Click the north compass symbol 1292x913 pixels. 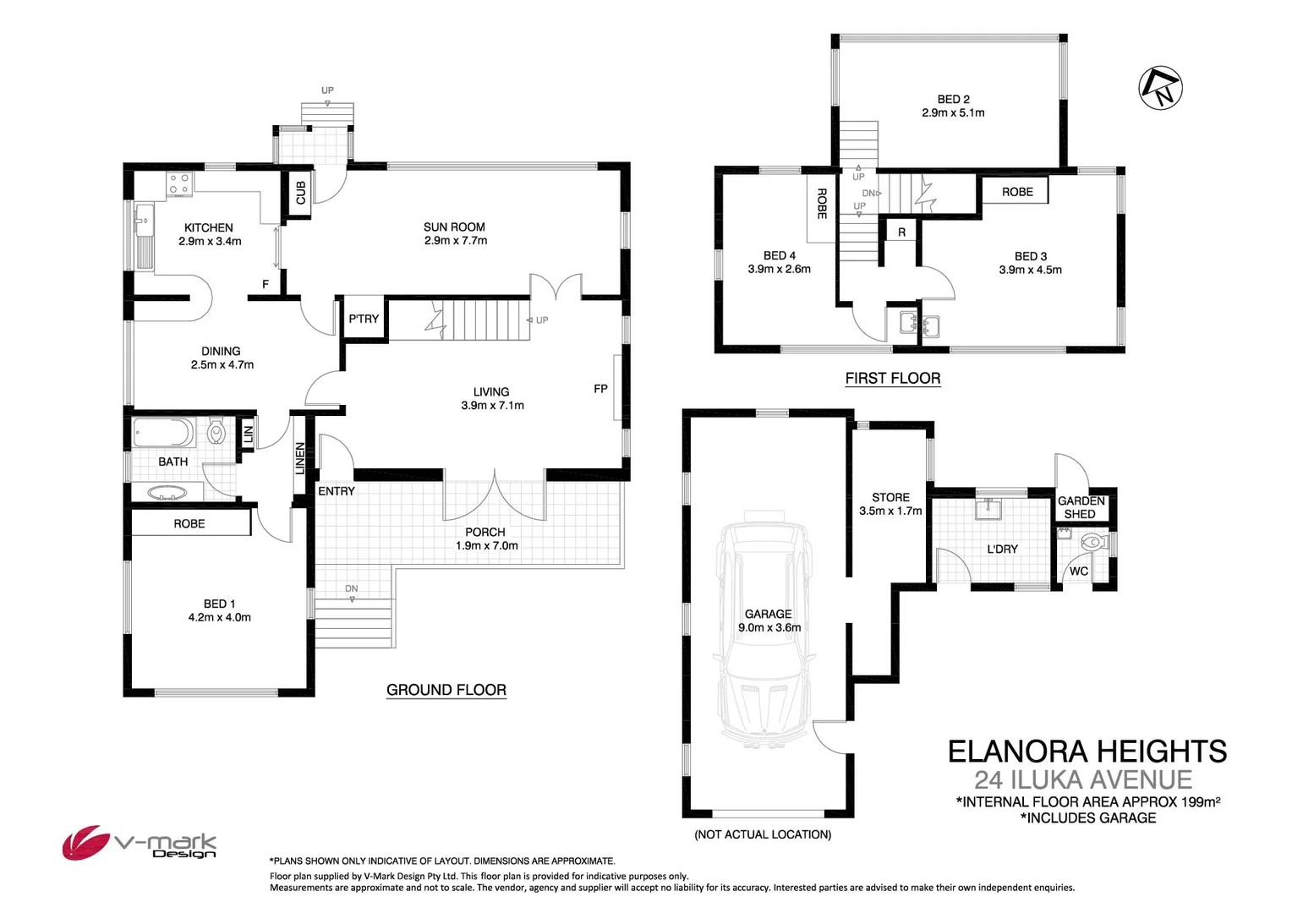click(x=1161, y=87)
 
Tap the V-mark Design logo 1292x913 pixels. click(x=140, y=843)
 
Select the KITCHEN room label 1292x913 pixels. click(x=208, y=227)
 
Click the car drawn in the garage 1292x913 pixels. click(x=764, y=629)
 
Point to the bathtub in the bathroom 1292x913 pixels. click(x=164, y=434)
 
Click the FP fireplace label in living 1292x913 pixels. click(x=600, y=389)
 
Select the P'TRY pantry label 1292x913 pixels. click(x=364, y=319)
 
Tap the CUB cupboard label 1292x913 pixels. click(x=301, y=193)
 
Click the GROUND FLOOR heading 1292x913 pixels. click(x=446, y=690)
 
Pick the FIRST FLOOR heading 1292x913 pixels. click(x=893, y=379)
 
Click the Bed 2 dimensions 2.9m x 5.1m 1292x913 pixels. click(x=953, y=112)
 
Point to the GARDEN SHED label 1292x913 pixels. click(x=1081, y=507)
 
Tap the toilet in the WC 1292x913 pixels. click(x=1092, y=542)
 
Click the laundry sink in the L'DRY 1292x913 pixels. click(x=988, y=509)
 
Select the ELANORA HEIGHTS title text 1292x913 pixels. click(x=1087, y=752)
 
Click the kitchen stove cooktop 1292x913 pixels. click(x=178, y=183)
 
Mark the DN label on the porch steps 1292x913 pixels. click(x=351, y=588)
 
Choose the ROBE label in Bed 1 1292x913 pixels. click(x=189, y=524)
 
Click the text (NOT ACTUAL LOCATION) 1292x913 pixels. click(x=763, y=834)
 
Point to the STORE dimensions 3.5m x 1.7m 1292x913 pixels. click(x=890, y=511)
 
